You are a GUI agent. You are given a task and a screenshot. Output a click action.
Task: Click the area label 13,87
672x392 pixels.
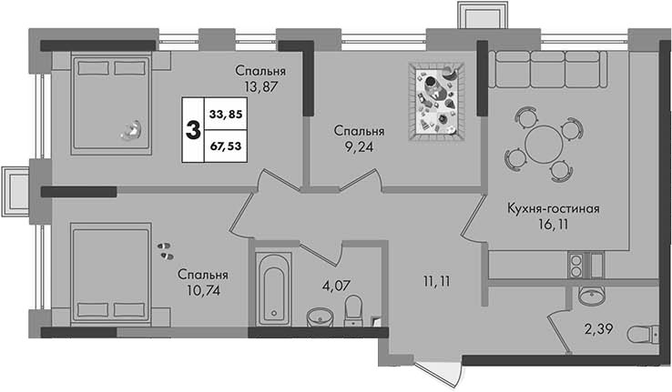pyautogui.click(x=261, y=87)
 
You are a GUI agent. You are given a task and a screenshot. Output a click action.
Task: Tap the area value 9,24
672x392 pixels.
pyautogui.click(x=359, y=147)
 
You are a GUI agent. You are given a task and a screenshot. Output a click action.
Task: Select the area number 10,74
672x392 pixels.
pyautogui.click(x=204, y=290)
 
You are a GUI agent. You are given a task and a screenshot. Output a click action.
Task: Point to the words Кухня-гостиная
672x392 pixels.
pyautogui.click(x=554, y=209)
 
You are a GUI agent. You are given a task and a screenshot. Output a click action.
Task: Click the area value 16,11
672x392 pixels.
pyautogui.click(x=554, y=225)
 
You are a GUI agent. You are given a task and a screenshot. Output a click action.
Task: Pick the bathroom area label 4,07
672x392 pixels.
pyautogui.click(x=337, y=285)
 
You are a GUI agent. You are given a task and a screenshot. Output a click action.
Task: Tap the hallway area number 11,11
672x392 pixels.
pyautogui.click(x=435, y=282)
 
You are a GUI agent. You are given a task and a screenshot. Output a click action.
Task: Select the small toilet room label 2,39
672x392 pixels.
pyautogui.click(x=599, y=328)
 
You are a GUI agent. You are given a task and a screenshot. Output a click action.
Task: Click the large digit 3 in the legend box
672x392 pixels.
pyautogui.click(x=193, y=130)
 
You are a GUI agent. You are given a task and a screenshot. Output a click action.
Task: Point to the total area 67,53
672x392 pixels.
pyautogui.click(x=226, y=146)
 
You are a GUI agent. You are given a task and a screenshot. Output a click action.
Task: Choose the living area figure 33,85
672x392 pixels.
pyautogui.click(x=226, y=115)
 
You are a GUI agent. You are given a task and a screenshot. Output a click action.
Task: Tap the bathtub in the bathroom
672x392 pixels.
pyautogui.click(x=274, y=289)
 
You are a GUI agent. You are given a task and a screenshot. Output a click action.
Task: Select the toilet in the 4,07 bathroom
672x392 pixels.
pyautogui.click(x=353, y=309)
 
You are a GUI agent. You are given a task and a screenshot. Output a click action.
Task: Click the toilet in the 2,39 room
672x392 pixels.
pyautogui.click(x=643, y=334)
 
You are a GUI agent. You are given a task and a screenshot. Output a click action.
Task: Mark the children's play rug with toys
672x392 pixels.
pyautogui.click(x=437, y=102)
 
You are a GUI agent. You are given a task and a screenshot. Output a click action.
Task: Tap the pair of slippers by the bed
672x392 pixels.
pyautogui.click(x=166, y=251)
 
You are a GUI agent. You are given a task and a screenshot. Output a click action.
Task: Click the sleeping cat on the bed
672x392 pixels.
pyautogui.click(x=132, y=130)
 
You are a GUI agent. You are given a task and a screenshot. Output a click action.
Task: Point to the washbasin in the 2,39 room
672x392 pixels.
pyautogui.click(x=592, y=296)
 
